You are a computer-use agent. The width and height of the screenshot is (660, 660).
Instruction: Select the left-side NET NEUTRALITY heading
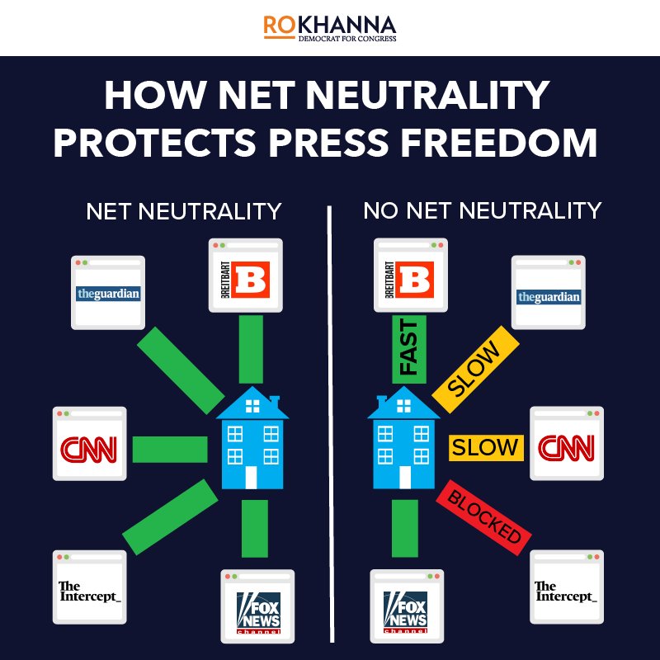[x=183, y=211]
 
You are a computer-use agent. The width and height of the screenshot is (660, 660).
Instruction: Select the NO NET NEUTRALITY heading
[x=482, y=211]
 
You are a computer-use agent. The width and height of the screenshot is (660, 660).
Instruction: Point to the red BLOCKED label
[x=485, y=513]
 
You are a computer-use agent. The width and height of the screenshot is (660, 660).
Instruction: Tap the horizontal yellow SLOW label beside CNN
[x=485, y=448]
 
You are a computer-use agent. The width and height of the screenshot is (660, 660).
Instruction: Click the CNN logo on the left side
[x=89, y=449]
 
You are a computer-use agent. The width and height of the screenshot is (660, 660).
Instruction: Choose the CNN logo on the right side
[x=565, y=448]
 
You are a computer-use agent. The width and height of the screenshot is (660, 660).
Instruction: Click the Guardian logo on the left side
[x=108, y=294]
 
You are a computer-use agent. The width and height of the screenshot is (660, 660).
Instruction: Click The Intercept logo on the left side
[x=89, y=591]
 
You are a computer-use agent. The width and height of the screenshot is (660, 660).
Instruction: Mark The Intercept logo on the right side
[x=565, y=591]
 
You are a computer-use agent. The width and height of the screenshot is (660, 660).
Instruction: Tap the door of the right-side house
[x=404, y=477]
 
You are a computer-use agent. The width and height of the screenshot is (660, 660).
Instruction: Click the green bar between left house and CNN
[x=169, y=449]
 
